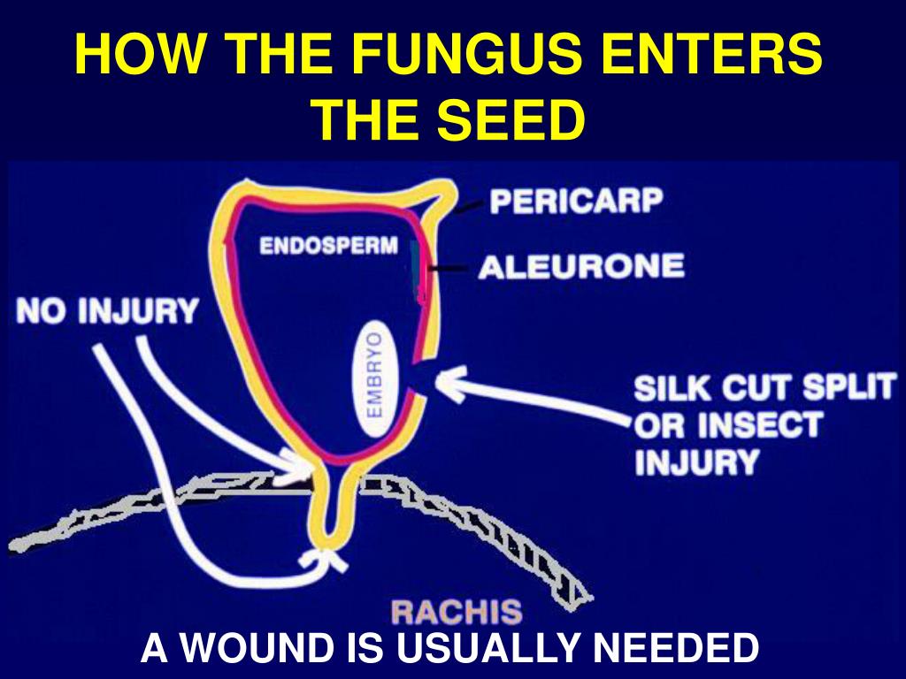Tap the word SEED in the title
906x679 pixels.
point(511,119)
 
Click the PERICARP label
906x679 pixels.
point(576,202)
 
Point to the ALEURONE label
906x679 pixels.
point(580,267)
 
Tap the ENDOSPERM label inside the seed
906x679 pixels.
point(329,246)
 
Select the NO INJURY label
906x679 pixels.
point(107,311)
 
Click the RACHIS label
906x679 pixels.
point(457,612)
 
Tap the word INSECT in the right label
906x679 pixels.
point(760,425)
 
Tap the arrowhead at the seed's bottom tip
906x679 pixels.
point(324,559)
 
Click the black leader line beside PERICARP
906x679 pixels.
point(469,207)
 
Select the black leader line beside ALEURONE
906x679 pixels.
point(448,268)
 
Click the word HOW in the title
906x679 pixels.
point(140,54)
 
